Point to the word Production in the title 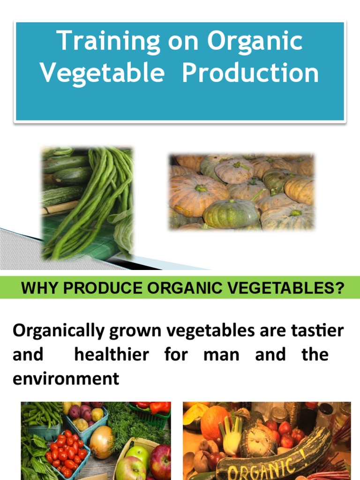[x=250, y=73]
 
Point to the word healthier [x=112, y=354]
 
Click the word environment [x=66, y=378]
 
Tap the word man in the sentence [x=221, y=355]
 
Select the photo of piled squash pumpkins [x=241, y=192]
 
